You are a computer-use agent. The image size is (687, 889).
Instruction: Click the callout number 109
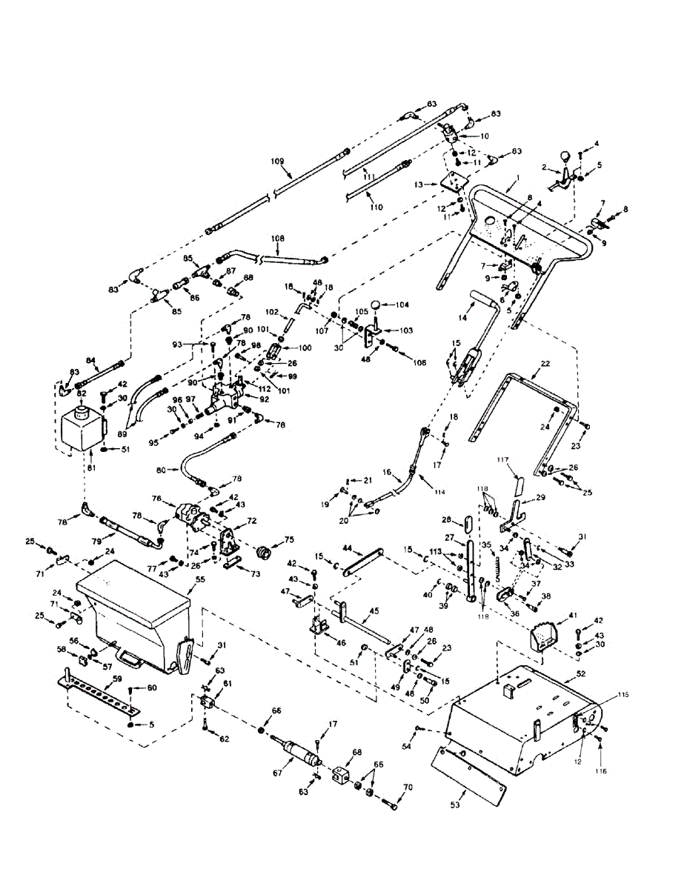coord(277,161)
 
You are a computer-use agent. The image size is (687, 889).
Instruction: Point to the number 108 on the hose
coord(277,239)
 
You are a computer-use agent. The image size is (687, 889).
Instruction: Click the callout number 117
coord(504,461)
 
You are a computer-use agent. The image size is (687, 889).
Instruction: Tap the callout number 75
coord(289,540)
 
